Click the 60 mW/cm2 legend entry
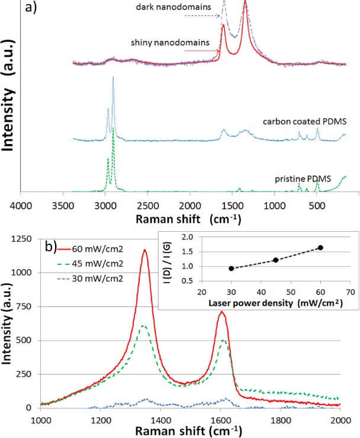pos(98,248)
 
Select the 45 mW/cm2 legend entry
pos(98,263)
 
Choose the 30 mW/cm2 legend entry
pos(98,278)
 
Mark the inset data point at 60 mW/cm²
pos(320,247)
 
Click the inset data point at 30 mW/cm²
pos(231,268)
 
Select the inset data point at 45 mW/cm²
pos(275,260)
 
